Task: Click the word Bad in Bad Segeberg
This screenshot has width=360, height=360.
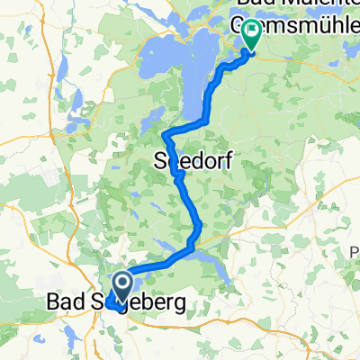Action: point(66,305)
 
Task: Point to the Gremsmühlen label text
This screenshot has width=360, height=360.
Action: point(297,24)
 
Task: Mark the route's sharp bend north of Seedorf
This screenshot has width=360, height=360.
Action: point(166,136)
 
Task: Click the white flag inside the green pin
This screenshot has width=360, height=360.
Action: point(249,33)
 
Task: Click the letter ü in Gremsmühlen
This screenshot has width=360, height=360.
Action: point(319,24)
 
